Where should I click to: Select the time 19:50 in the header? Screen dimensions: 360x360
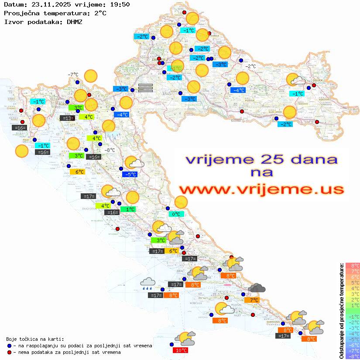[120, 4]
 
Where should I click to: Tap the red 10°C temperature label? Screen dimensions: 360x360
[181, 350]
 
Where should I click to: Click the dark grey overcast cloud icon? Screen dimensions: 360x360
[257, 288]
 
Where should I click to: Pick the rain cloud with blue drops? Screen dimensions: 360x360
[147, 284]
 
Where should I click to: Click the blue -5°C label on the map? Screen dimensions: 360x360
[130, 174]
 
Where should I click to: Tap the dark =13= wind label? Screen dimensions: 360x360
[67, 118]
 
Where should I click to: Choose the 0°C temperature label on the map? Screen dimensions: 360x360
[176, 214]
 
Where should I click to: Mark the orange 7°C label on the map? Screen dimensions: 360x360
[252, 300]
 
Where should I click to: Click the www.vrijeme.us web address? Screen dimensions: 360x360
[261, 189]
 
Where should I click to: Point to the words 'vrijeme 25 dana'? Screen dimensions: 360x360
[261, 159]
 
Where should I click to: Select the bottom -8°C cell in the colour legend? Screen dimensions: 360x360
[353, 356]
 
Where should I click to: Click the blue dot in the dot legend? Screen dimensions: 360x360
[10, 346]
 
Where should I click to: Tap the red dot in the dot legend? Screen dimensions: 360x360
[10, 352]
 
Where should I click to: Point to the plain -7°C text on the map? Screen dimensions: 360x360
[73, 75]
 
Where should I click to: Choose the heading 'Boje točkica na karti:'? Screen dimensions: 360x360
[35, 339]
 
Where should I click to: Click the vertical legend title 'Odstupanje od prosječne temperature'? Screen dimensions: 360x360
[341, 310]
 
